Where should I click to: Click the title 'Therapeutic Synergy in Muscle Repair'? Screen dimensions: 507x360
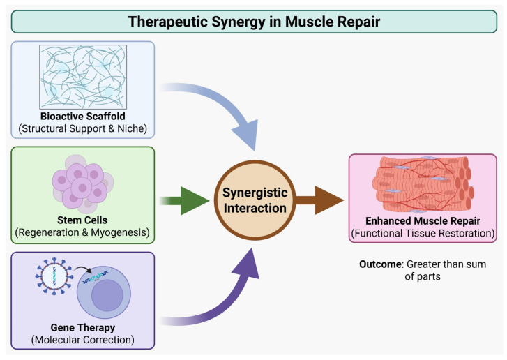tap(254, 22)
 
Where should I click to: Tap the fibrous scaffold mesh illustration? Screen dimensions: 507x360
tap(83, 77)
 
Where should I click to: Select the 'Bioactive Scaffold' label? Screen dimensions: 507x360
tap(83, 116)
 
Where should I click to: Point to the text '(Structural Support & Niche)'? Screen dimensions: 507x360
tap(83, 128)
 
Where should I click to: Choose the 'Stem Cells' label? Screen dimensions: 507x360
tap(82, 220)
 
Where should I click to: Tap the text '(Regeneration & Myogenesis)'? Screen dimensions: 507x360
tap(82, 232)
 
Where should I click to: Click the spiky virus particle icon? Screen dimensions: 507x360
tap(54, 276)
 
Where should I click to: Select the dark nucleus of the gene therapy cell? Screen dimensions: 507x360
tap(107, 295)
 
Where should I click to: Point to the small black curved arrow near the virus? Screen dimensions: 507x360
tap(82, 269)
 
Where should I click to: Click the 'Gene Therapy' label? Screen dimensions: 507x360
tap(83, 327)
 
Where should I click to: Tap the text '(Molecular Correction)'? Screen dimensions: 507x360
tap(83, 340)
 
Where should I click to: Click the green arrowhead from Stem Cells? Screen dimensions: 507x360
tap(195, 201)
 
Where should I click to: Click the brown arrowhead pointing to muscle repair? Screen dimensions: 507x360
tap(329, 200)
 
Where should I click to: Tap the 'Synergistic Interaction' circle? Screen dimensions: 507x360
tap(255, 200)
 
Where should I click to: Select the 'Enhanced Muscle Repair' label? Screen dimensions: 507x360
tap(423, 221)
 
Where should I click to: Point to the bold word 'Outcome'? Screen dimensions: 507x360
tap(380, 264)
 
